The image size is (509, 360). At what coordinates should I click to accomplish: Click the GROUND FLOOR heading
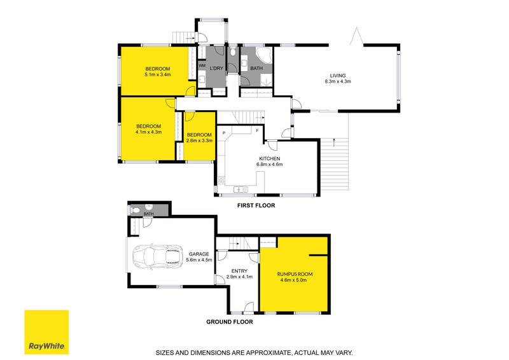[x=230, y=322]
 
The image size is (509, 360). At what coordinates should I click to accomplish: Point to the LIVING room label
[x=337, y=74]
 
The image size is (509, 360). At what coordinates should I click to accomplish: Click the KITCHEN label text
[x=270, y=158]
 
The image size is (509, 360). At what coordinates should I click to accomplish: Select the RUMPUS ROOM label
[x=295, y=274]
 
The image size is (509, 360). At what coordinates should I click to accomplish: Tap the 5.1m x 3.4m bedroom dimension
[x=157, y=74]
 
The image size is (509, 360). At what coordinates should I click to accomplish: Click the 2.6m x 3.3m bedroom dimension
[x=199, y=141]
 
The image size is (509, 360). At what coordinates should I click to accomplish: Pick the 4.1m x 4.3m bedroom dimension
[x=148, y=132]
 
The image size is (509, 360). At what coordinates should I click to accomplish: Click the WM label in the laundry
[x=202, y=66]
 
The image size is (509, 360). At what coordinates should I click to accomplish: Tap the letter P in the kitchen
[x=224, y=133]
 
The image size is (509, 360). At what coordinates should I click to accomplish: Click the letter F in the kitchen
[x=256, y=130]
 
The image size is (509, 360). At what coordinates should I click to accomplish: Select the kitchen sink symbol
[x=240, y=189]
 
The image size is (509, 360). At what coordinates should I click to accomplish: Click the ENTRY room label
[x=240, y=271]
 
